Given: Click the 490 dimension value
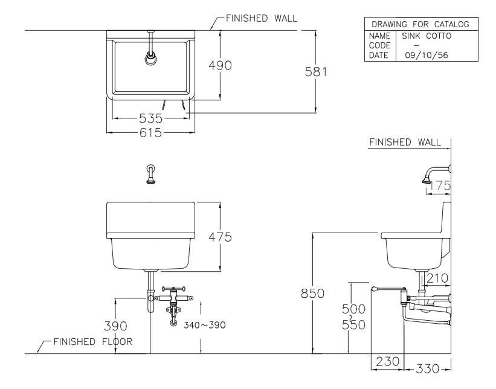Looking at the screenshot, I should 221,65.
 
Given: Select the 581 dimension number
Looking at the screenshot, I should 315,71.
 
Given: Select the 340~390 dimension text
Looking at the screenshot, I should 205,325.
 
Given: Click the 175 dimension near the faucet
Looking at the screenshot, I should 440,186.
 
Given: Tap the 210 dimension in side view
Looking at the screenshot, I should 436,278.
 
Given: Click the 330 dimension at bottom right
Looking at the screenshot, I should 427,368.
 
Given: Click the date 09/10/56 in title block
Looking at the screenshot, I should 422,55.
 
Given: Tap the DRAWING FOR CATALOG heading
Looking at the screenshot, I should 420,25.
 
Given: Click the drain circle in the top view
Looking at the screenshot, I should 150,59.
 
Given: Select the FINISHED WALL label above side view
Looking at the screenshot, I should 404,142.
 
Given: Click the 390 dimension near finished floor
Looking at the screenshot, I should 114,326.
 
